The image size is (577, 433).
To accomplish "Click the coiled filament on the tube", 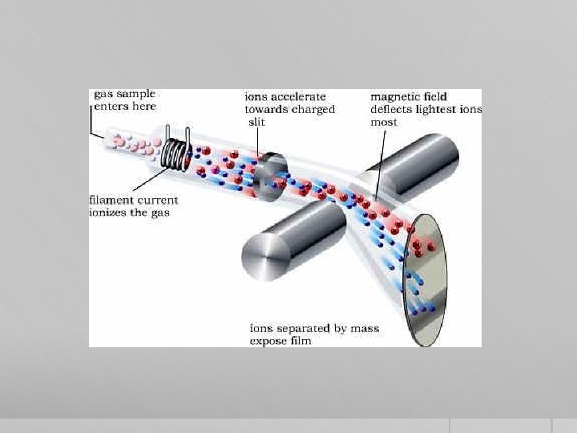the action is pos(177,151).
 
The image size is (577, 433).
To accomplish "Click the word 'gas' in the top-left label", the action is pos(103,95).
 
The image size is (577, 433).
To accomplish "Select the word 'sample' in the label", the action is pos(135,95).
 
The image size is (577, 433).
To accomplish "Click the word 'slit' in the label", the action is pos(256,122).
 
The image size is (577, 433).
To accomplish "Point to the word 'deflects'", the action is pos(393,109).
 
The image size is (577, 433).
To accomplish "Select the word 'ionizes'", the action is pos(109,212).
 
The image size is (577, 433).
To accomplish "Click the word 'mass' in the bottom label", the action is pos(365,328).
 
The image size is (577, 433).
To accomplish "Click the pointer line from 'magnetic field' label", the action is pos(381,160).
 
